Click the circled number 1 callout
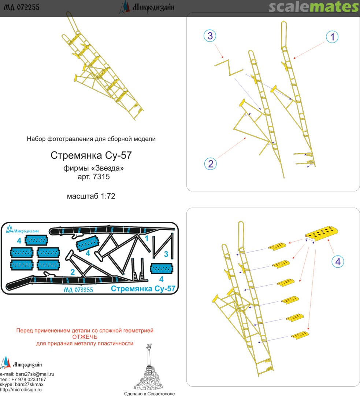click(332, 37)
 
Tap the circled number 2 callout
click(211, 164)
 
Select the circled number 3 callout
click(210, 36)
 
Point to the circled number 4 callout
click(338, 261)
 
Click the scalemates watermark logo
click(313, 7)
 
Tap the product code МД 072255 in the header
click(22, 7)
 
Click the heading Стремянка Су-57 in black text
click(91, 155)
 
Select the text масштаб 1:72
click(91, 196)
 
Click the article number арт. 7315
click(94, 176)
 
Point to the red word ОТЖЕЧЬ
click(85, 337)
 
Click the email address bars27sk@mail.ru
click(35, 374)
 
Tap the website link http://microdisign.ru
click(21, 390)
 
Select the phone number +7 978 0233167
click(29, 379)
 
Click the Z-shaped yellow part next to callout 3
click(229, 67)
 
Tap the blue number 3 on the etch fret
click(166, 254)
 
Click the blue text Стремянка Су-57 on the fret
click(143, 289)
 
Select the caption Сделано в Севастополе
click(149, 393)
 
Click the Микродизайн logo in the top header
click(147, 7)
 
